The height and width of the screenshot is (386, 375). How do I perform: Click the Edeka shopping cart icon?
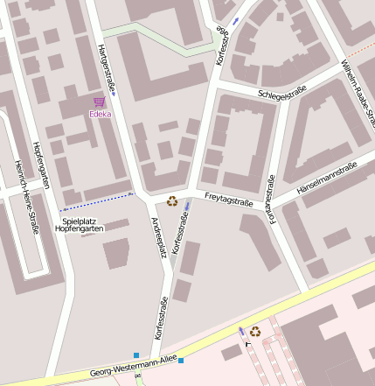point(98,102)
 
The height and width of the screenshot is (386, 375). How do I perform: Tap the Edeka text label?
point(101,115)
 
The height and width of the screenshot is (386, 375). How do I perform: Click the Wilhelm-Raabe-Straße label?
point(358,82)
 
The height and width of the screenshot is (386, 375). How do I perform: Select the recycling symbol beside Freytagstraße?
point(171,200)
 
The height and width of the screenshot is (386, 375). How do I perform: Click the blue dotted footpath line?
point(96,201)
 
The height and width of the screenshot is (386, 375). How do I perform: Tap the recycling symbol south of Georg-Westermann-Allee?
point(254,331)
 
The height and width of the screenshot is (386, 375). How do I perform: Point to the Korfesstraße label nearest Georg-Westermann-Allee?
point(159,319)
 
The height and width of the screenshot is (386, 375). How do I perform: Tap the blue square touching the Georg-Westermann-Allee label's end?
point(180,361)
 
